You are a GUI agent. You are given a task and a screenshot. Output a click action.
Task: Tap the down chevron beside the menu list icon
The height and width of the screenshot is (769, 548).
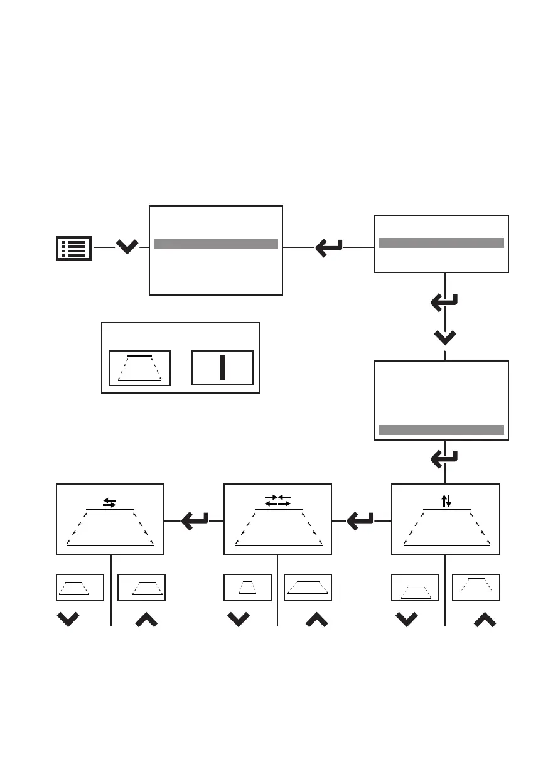127,247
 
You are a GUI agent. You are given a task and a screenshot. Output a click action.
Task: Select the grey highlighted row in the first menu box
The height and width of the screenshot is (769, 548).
215,244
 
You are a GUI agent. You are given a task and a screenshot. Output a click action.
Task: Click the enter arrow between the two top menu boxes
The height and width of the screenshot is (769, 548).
329,247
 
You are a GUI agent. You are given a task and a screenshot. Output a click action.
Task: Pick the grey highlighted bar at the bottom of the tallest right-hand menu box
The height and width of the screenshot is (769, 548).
441,430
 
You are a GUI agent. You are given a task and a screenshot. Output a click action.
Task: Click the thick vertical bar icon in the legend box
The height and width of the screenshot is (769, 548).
222,367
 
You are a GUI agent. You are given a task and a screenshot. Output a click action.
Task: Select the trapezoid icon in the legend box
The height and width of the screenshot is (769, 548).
139,368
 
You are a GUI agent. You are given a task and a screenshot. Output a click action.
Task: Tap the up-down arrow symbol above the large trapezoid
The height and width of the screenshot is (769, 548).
446,500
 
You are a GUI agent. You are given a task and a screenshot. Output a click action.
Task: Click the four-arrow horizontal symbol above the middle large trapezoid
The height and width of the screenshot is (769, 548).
277,500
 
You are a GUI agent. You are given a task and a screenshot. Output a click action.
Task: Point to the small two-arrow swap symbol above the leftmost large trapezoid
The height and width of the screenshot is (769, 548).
109,502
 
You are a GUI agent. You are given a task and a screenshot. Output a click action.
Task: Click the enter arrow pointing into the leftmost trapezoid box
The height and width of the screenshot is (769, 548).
195,520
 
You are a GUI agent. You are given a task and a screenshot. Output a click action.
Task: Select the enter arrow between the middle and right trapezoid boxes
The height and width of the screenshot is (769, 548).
361,520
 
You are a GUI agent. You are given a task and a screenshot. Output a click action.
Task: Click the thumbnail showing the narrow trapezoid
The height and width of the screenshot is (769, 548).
247,588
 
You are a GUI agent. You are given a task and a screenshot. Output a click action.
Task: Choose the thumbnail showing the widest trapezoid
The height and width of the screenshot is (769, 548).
308,588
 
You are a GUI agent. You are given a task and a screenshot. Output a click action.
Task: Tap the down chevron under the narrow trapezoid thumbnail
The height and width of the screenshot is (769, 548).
239,620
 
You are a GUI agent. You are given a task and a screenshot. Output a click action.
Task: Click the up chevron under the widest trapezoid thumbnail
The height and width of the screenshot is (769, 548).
316,620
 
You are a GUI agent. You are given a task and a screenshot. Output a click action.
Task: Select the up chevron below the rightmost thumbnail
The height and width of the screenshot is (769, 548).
485,620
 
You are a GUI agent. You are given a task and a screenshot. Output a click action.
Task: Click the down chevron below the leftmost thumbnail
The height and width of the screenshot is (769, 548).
68,620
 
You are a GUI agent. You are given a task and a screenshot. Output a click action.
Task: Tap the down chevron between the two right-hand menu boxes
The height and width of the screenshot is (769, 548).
445,338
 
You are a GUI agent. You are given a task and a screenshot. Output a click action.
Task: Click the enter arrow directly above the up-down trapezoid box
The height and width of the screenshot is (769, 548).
445,460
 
